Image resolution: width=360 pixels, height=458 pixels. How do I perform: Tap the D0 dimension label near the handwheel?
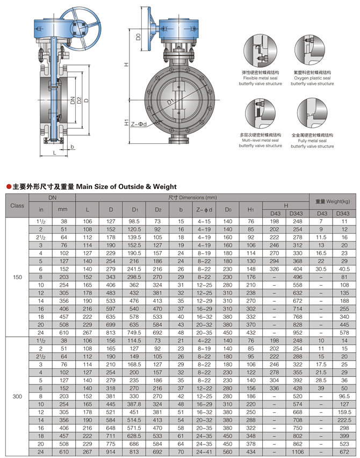(138, 37)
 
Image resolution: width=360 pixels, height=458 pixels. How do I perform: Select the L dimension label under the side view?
(54, 152)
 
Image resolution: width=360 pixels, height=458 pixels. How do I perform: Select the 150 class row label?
(17, 277)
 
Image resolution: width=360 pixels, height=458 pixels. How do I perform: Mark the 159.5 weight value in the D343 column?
(344, 412)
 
